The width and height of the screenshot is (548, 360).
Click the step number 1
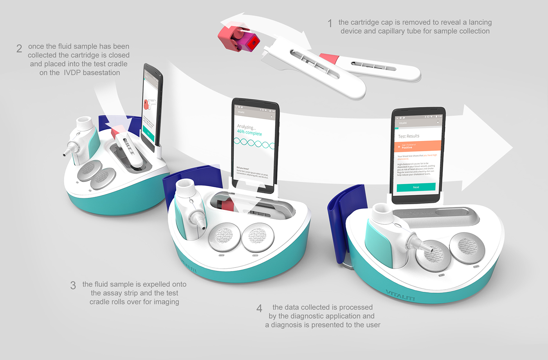click(330, 24)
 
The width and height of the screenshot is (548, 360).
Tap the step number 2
click(19, 49)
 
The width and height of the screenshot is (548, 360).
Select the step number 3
click(73, 285)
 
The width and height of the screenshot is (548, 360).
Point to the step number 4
click(259, 309)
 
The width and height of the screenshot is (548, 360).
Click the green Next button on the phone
click(416, 187)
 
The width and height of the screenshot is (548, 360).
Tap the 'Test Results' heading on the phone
click(409, 136)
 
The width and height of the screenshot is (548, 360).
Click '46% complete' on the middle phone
click(249, 133)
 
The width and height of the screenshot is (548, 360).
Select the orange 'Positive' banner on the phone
click(418, 147)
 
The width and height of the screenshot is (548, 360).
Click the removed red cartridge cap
click(238, 38)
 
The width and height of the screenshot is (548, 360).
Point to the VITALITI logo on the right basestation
click(400, 295)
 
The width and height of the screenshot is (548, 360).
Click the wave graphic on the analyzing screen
click(254, 143)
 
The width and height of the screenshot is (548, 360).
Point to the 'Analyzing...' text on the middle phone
click(246, 127)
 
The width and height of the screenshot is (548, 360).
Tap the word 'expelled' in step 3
click(153, 284)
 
